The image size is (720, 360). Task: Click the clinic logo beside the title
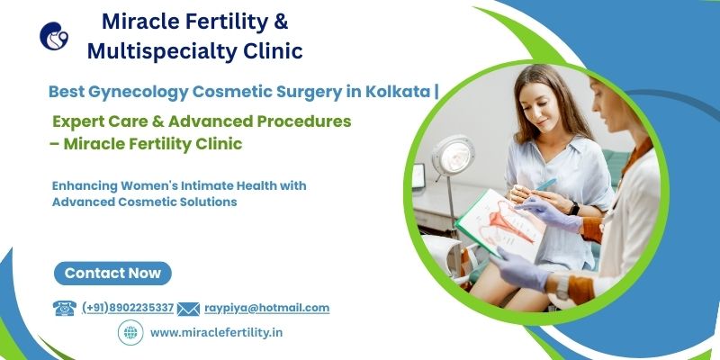54,36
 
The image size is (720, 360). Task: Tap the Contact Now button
112,274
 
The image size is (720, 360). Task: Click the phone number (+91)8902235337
128,308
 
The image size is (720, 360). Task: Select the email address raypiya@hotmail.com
266,308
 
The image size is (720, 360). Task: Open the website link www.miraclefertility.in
216,332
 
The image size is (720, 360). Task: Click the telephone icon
65,308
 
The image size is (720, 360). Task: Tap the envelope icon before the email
188,309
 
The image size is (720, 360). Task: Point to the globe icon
130,332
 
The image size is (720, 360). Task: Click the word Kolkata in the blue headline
398,92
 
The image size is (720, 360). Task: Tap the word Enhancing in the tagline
85,186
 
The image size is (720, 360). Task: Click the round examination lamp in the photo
454,156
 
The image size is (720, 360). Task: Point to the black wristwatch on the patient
573,208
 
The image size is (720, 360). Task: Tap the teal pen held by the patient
546,184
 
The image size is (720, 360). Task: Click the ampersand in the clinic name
281,22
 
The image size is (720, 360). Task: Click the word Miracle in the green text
90,144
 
